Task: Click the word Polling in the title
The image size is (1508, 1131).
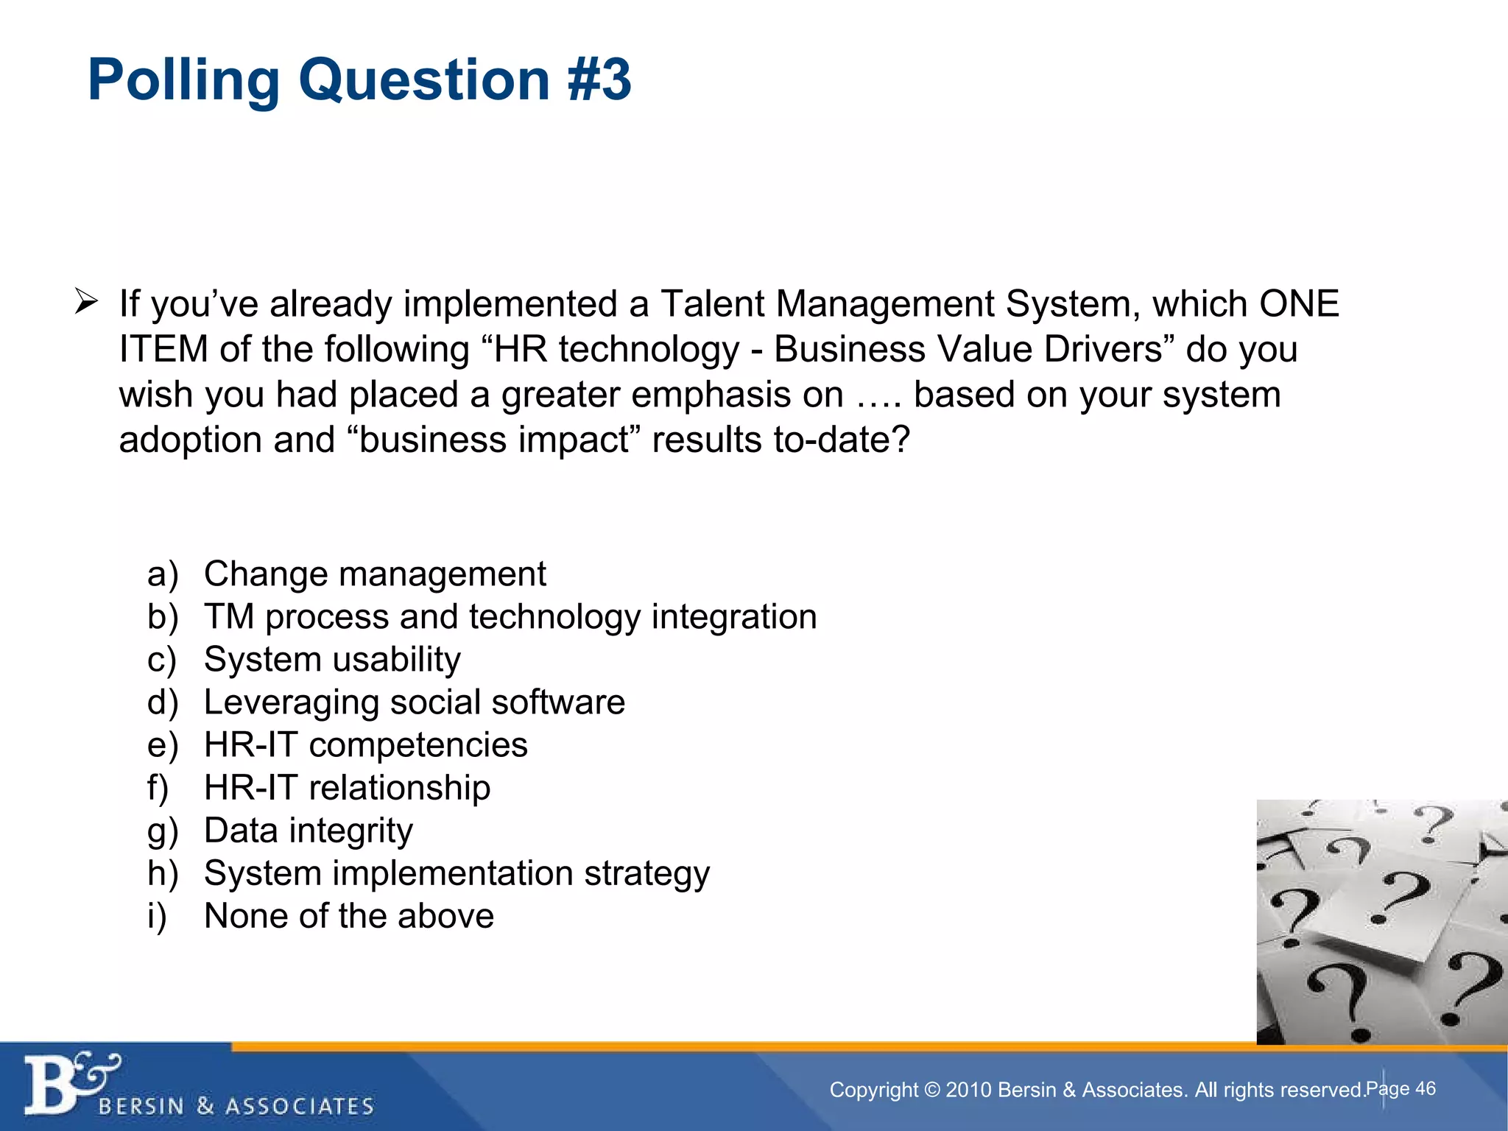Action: (183, 80)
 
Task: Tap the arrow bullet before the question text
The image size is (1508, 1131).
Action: (86, 302)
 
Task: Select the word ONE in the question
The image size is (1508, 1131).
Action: (1299, 304)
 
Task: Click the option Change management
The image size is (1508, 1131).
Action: (374, 574)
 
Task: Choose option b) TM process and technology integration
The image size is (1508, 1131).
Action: (510, 617)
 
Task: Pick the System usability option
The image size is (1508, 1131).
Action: (332, 660)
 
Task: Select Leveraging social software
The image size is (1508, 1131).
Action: (414, 702)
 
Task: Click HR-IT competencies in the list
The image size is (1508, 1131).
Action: (365, 745)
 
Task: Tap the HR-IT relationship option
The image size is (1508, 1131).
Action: (347, 788)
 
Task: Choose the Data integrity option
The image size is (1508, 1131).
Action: (308, 831)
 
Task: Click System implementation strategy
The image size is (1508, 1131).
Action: (457, 873)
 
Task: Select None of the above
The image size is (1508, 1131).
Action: (348, 917)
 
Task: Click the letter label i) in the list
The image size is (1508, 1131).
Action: (157, 917)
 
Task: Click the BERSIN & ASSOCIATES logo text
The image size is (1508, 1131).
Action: (236, 1106)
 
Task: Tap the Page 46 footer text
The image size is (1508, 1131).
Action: (1400, 1088)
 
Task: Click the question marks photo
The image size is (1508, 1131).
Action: (1381, 921)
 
